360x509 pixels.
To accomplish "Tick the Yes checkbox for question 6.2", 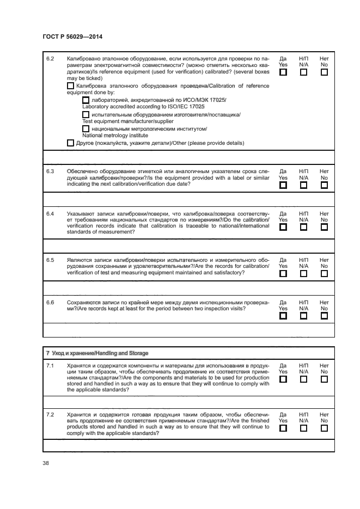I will pyautogui.click(x=283, y=72).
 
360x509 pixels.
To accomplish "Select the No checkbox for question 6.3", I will pyautogui.click(x=324, y=185).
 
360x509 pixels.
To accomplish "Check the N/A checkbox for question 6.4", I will pyautogui.click(x=303, y=227).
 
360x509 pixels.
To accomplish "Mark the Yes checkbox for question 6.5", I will pyautogui.click(x=283, y=274).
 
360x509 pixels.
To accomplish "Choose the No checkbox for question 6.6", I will pyautogui.click(x=324, y=316).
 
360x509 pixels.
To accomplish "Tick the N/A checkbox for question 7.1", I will pyautogui.click(x=303, y=379).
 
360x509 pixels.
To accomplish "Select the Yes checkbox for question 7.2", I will pyautogui.click(x=283, y=428).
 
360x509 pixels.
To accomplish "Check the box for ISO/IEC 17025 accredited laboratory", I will pyautogui.click(x=86, y=101).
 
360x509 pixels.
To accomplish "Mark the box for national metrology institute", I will pyautogui.click(x=86, y=129).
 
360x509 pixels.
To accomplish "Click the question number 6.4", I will pyautogui.click(x=50, y=213).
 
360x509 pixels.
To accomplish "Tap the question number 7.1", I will pyautogui.click(x=50, y=365).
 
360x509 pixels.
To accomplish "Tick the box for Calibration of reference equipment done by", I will pyautogui.click(x=70, y=86).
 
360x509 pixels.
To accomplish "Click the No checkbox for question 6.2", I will pyautogui.click(x=324, y=72).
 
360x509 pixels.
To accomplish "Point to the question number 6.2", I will pyautogui.click(x=50, y=58).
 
